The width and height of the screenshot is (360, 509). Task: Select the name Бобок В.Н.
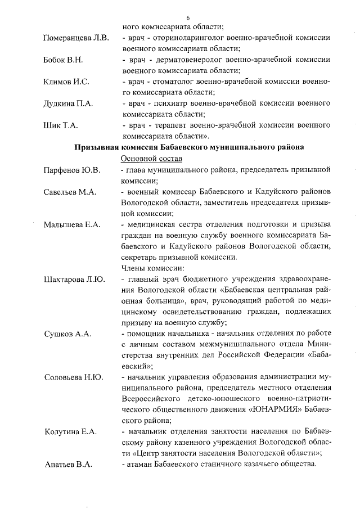63,60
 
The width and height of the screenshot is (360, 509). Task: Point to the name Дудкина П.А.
68,103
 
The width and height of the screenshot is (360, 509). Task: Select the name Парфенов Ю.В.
72,170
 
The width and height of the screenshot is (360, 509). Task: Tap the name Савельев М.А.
70,192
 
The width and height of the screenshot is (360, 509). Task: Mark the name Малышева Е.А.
72,225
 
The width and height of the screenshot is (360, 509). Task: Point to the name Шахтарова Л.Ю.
74,279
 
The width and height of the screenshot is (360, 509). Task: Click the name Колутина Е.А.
70,432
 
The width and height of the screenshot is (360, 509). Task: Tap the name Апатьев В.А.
68,465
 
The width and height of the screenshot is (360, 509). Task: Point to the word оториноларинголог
188,39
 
